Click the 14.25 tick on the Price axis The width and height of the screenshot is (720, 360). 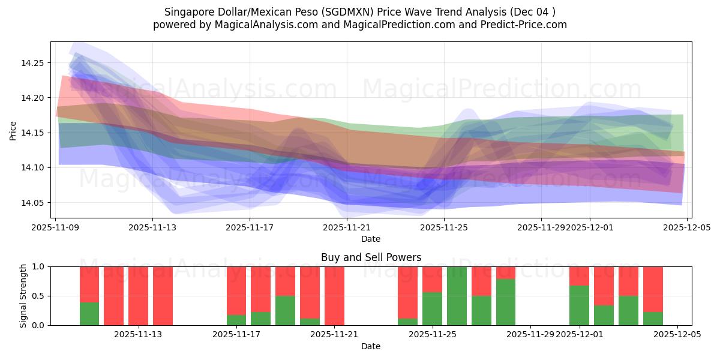34,63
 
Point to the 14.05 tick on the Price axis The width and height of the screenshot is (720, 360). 34,203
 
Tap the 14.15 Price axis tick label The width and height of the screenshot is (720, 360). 34,133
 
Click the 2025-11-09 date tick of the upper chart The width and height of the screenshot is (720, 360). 55,228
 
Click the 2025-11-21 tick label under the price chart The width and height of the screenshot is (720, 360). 347,228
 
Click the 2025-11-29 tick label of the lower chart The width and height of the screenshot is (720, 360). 530,335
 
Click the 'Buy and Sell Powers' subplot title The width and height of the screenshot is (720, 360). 371,257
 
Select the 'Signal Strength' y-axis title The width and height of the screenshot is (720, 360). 23,296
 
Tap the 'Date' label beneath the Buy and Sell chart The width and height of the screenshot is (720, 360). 371,346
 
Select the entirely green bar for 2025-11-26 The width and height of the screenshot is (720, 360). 457,296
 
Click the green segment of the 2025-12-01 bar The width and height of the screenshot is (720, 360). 579,305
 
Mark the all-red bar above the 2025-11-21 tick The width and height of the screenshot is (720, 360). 334,296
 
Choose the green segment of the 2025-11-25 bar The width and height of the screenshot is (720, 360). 432,309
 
